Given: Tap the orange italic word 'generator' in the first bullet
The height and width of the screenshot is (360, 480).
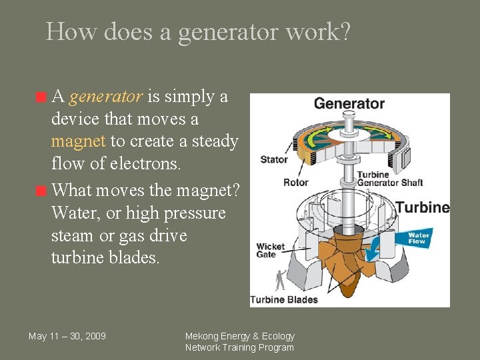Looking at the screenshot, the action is tap(105, 97).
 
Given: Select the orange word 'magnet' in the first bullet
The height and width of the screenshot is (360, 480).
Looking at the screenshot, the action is tap(78, 141).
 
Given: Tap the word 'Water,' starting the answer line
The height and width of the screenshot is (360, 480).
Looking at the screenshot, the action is tap(75, 213).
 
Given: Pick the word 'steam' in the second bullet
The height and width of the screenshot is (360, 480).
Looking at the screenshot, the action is tap(71, 236).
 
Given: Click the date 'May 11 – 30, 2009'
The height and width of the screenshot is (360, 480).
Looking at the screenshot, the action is tap(67, 336).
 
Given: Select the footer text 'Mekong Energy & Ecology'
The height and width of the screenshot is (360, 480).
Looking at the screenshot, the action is tap(239, 336).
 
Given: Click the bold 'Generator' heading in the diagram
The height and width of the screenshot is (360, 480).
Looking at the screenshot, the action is tap(349, 103).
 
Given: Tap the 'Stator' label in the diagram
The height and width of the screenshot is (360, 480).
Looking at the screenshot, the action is tap(274, 159).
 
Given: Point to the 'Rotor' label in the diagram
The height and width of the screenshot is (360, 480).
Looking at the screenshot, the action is tap(295, 182).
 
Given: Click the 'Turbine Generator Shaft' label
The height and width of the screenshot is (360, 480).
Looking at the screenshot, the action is tap(389, 179).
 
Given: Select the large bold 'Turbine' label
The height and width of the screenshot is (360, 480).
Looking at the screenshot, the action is tap(423, 207).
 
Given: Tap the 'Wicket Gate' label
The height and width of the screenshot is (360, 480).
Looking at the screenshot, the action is tap(270, 250).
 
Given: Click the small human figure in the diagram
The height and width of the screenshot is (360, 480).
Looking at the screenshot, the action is tap(281, 278).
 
